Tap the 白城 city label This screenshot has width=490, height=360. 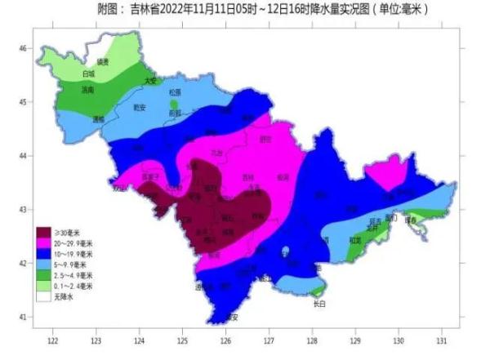(x=89, y=74)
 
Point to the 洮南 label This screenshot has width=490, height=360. (x=88, y=90)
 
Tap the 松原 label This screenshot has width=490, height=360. (x=174, y=93)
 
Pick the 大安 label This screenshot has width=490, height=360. (x=149, y=81)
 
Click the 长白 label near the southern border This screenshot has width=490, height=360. (x=319, y=304)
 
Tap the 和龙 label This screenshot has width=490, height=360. (x=355, y=240)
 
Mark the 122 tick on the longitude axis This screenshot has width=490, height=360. (x=53, y=337)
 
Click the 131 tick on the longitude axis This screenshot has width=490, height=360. (x=442, y=337)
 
